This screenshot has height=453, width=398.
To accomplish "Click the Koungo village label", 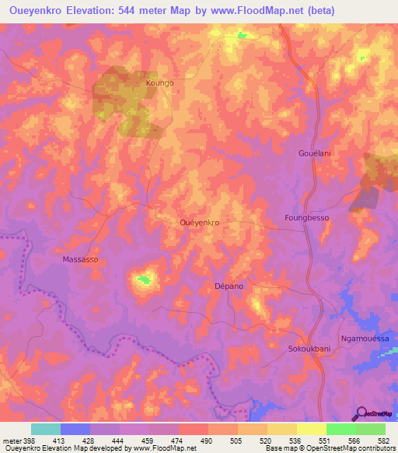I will pos(159,82).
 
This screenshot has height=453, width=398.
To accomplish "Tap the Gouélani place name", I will pos(315,153).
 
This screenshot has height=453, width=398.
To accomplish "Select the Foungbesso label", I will pos(307,218).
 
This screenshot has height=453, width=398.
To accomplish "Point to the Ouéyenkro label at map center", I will pos(199,223).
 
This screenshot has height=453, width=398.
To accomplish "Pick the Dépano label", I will pos(229,286).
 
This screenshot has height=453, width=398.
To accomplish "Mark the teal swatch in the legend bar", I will pos(46,429).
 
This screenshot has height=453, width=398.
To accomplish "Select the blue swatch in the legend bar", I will pos(75,429).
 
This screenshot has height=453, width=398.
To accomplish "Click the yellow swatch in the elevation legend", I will pos(311,429).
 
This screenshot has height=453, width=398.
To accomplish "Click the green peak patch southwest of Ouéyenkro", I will pos(144,279).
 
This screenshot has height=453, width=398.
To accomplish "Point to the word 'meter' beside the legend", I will pos(12,441).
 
